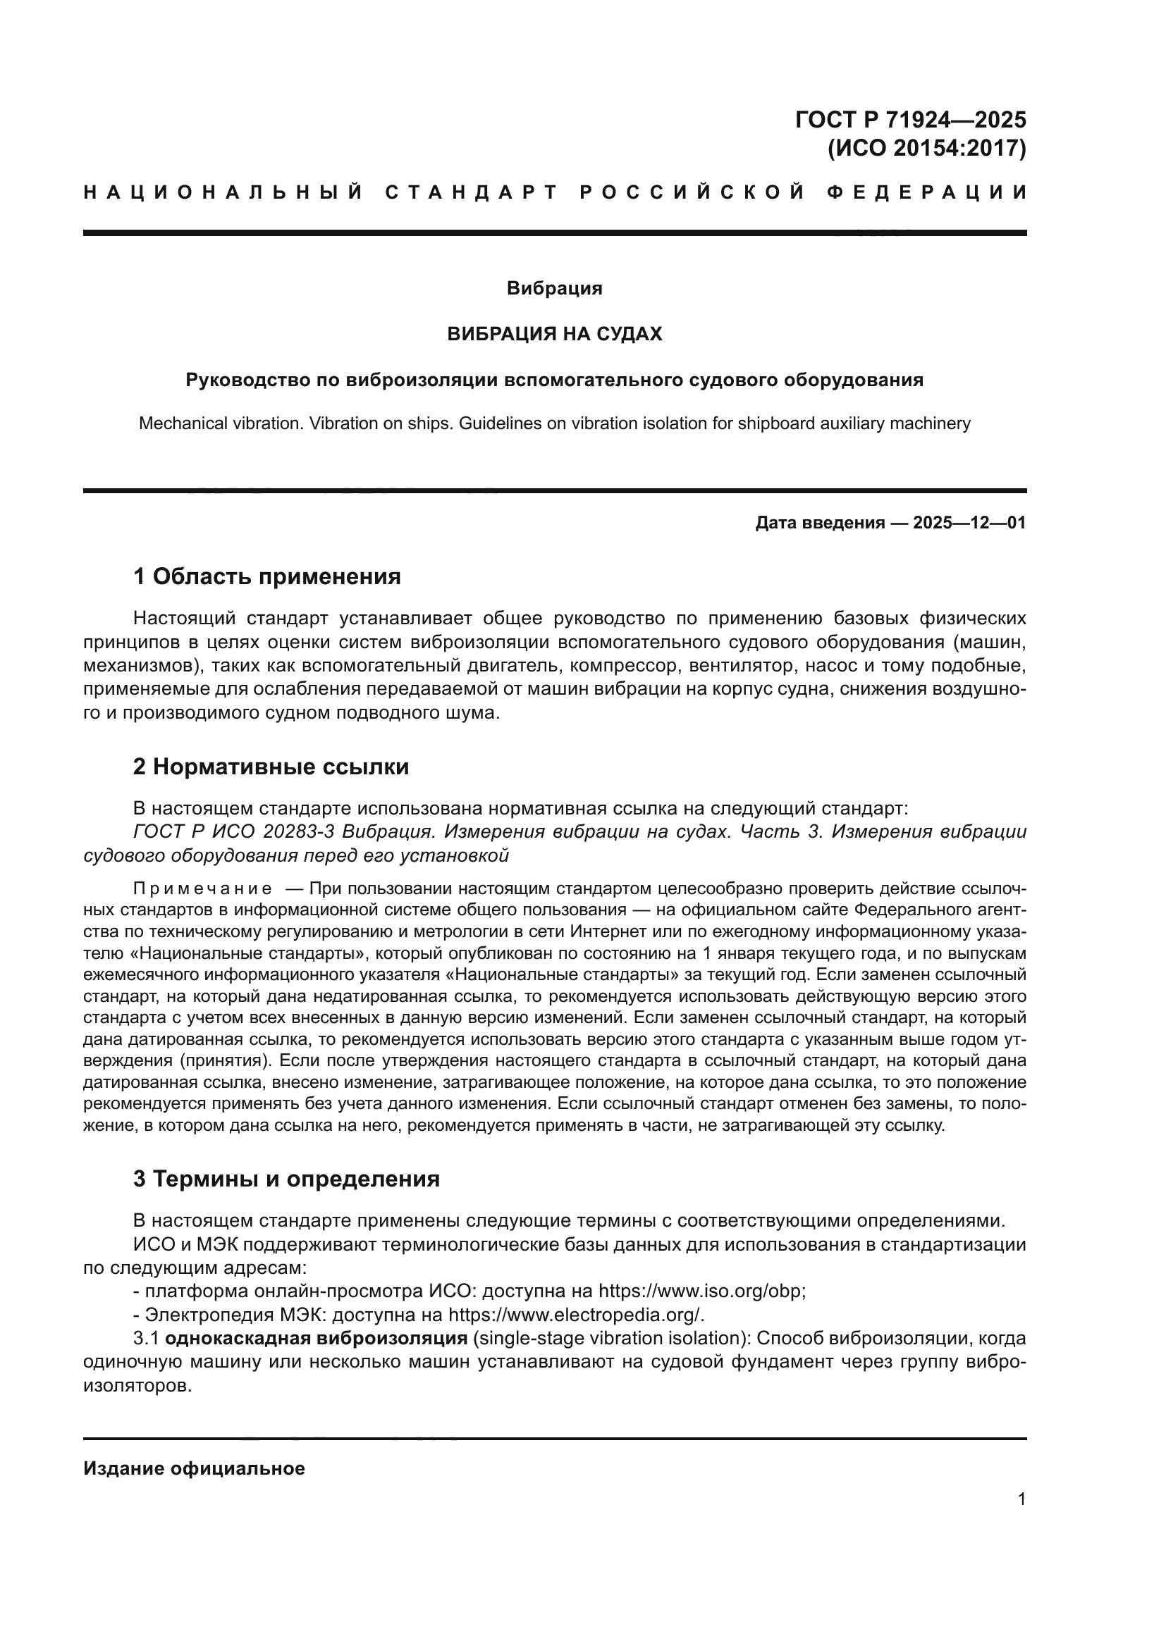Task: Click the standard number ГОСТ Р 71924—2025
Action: coord(910,119)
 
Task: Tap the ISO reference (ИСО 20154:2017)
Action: coord(927,149)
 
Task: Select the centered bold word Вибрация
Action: coord(554,289)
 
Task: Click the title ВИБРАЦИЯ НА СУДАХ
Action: coord(554,334)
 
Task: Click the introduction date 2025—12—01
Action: coord(969,523)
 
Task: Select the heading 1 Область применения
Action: coord(266,576)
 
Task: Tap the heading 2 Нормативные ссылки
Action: coord(271,767)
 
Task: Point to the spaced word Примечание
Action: coord(202,888)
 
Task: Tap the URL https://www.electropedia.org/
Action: coord(576,1315)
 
